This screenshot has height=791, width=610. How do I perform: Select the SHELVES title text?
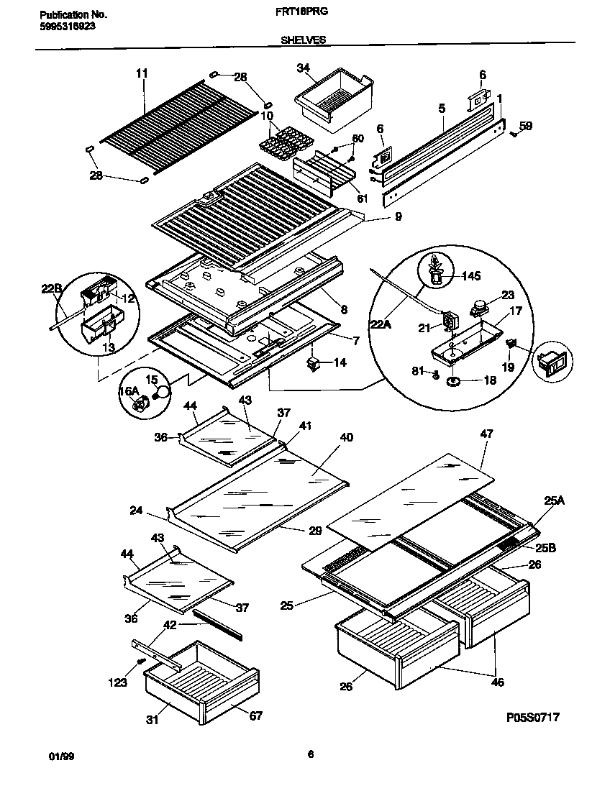point(303,40)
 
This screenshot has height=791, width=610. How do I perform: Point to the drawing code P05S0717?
point(532,717)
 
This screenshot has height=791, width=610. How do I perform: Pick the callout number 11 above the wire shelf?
point(141,73)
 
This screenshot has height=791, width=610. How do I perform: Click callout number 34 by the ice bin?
point(303,68)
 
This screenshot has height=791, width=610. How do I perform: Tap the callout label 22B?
point(50,289)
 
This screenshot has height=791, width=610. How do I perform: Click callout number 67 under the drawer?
point(255,715)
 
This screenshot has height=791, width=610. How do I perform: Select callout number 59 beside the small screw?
point(526,126)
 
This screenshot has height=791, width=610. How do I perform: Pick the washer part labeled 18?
point(454,381)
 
